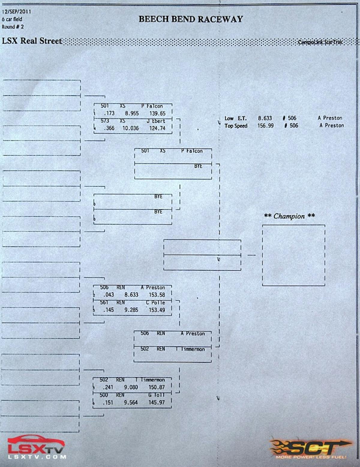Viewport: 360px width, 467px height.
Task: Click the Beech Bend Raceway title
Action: pos(190,19)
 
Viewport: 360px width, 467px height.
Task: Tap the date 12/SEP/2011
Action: pos(16,12)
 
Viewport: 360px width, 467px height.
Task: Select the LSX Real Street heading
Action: pos(32,41)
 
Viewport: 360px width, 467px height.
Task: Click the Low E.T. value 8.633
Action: pos(265,118)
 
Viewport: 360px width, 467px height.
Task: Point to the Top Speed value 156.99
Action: pos(265,126)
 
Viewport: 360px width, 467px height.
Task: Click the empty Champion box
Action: pos(293,255)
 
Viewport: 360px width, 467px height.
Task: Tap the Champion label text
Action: pos(289,216)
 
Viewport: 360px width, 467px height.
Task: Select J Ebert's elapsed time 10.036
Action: pos(130,128)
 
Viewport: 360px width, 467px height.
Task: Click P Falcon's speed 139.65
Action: pos(157,114)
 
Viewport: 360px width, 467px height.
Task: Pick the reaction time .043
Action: pos(108,295)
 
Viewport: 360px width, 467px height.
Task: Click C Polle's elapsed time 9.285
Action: pos(131,310)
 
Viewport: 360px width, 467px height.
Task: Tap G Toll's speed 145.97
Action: pos(156,403)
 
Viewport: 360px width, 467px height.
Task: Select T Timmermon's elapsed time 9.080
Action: pos(131,387)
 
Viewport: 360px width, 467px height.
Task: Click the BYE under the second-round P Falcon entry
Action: pos(198,166)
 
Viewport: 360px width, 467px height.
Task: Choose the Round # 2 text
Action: pos(13,27)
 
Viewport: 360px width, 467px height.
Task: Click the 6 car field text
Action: pos(12,19)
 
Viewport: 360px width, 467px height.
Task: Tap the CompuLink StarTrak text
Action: pos(320,42)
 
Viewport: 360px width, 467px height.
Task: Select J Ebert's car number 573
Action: pos(105,121)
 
